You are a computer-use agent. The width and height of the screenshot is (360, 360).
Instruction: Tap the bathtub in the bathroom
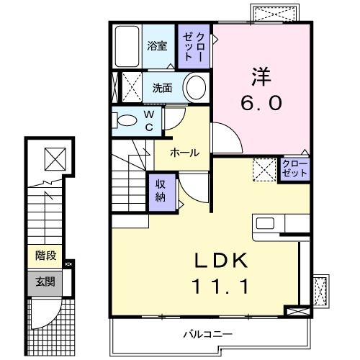(x=127, y=47)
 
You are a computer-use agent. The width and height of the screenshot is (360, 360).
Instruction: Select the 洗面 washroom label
(x=162, y=89)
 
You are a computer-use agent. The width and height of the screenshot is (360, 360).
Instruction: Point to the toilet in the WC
(x=125, y=120)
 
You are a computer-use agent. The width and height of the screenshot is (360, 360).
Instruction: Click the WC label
(x=149, y=120)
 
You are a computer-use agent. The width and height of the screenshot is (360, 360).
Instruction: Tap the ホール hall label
(x=185, y=152)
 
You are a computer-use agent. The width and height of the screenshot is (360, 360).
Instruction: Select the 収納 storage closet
(x=161, y=192)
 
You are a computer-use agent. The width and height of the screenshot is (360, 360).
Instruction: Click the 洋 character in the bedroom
(x=260, y=75)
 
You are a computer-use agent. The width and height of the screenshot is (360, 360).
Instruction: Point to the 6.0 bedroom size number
(x=260, y=102)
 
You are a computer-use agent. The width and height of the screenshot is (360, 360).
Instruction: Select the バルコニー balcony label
(x=207, y=334)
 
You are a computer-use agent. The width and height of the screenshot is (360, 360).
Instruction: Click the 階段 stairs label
(x=46, y=256)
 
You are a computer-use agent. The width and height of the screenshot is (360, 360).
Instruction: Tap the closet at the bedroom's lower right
(x=292, y=171)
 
